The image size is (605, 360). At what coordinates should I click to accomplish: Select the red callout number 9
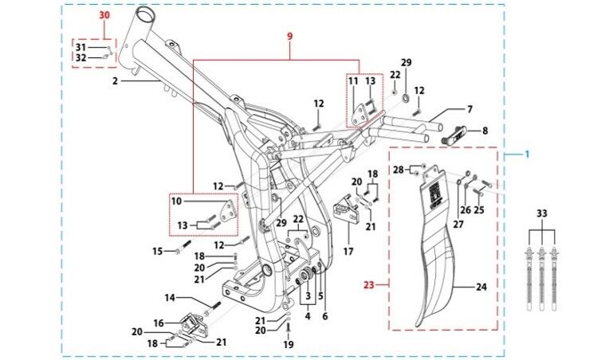pos(290,37)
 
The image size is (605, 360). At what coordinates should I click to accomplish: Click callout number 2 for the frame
pos(115,81)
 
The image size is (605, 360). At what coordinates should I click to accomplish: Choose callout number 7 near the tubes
pos(469,109)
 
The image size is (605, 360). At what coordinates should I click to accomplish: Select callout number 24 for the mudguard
pos(481,286)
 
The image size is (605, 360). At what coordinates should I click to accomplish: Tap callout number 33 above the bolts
pos(541,213)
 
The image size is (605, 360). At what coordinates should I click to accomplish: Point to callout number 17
pos(348,252)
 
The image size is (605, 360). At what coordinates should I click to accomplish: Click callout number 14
pos(170,298)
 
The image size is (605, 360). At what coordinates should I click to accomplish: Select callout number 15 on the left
pos(158,251)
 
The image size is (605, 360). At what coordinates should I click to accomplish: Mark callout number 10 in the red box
pos(177,202)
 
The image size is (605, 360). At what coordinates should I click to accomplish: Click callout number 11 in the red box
pos(353,81)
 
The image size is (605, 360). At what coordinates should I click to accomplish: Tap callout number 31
pos(81,47)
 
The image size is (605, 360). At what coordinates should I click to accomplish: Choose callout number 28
pos(398,170)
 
